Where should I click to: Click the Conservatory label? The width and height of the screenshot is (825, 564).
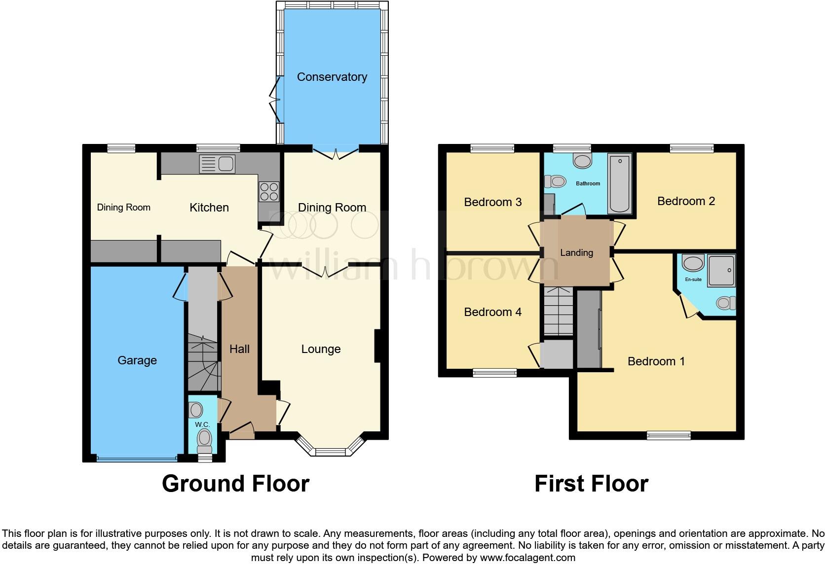point(332,77)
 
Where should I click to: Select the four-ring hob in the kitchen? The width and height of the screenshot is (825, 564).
point(269,191)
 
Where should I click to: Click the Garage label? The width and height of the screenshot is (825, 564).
point(137,360)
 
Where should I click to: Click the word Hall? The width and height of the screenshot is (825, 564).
point(239,349)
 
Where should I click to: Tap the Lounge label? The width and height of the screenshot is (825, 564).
point(321,349)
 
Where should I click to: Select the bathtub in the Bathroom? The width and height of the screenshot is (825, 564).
point(620,183)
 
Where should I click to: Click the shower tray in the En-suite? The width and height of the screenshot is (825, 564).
point(721,270)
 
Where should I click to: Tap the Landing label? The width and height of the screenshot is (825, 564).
point(576,253)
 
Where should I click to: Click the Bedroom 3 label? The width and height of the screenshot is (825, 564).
point(492,202)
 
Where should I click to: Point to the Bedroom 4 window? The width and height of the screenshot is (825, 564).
point(494,373)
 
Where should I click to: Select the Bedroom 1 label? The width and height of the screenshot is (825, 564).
point(656,361)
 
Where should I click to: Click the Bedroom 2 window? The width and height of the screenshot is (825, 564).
point(692,147)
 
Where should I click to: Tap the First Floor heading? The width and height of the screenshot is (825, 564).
point(591,484)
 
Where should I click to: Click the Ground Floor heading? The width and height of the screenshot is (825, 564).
point(235,484)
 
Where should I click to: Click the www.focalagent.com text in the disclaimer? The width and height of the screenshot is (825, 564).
point(527,558)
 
